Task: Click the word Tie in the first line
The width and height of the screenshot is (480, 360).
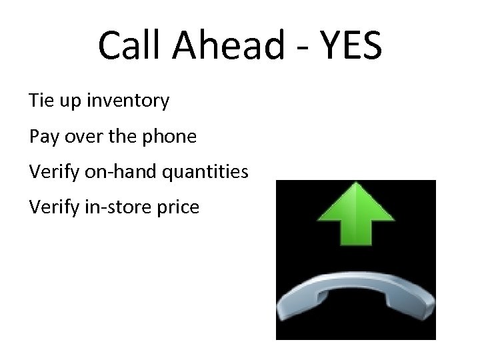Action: (x=41, y=101)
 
